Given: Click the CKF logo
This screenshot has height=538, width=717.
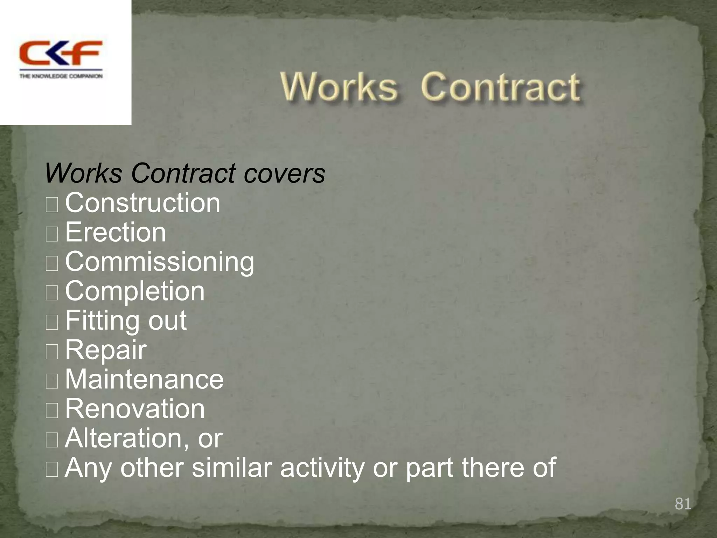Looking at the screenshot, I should [61, 53].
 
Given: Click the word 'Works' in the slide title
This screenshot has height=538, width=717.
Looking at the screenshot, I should [339, 87].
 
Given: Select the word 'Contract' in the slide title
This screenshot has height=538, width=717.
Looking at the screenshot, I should [501, 87].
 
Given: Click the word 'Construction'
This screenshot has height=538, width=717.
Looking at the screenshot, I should [142, 203].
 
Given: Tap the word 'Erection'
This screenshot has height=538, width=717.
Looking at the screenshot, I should [116, 232].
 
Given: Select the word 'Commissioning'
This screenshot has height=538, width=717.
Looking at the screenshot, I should [160, 262].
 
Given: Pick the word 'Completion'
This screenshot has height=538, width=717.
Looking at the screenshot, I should [135, 291].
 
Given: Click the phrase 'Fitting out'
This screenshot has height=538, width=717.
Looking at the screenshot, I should [126, 320].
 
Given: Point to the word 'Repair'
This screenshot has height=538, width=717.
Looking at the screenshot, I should [106, 350].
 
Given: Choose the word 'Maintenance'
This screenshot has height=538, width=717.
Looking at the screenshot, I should [144, 379].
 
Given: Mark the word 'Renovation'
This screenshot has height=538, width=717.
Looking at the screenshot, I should [135, 409].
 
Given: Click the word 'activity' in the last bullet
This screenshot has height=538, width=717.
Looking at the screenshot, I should [322, 468].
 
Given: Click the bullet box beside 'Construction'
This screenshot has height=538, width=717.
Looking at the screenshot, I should [52, 205].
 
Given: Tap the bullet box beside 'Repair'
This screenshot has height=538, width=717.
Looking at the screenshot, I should [52, 352].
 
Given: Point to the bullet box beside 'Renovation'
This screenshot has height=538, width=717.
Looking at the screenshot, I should [52, 411].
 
